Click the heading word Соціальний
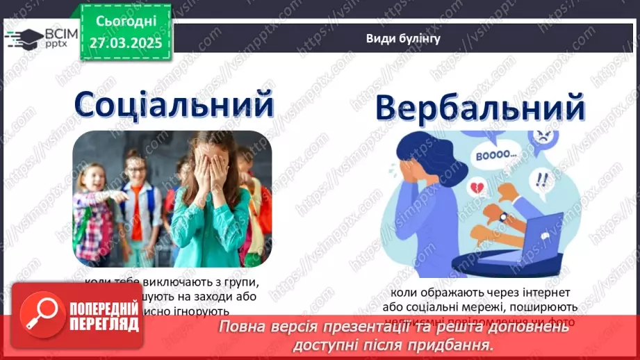[174, 104]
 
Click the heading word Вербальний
[480, 110]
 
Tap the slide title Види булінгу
[403, 39]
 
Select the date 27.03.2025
[125, 43]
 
